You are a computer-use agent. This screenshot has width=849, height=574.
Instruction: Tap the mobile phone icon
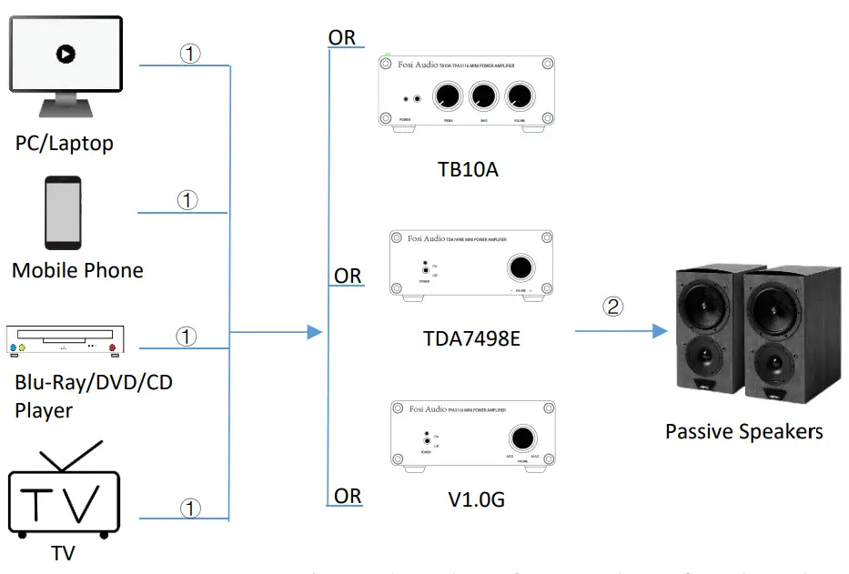coord(63,212)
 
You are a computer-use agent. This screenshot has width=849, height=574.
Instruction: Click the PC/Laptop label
coord(64,144)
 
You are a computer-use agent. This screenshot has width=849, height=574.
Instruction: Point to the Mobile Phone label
coord(77,270)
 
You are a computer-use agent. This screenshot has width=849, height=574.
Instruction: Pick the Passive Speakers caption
coord(743,431)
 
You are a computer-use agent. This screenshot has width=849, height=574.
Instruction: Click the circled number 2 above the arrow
coord(614,306)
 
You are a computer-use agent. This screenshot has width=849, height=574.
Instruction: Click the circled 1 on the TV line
coord(190,509)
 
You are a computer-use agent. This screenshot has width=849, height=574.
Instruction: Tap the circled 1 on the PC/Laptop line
coord(189,54)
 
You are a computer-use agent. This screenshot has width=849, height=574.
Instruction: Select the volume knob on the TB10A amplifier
coord(521,96)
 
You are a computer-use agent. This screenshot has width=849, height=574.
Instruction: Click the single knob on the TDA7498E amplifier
coord(521,268)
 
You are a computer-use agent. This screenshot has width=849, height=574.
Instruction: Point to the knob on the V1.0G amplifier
coord(521,435)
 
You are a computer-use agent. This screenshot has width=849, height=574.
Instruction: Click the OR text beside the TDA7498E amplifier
coord(348,276)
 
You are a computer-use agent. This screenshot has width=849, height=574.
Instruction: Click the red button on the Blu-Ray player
coord(113,348)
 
